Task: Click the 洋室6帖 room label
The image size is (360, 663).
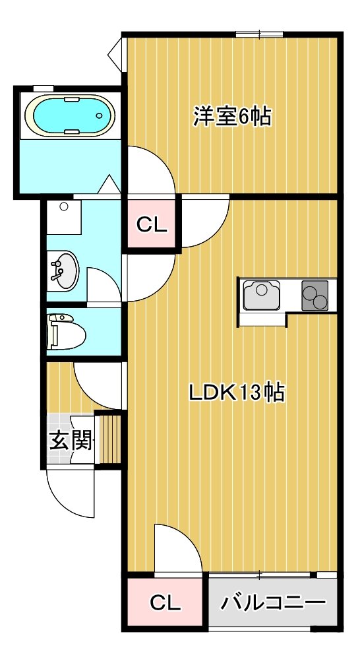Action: coord(232,116)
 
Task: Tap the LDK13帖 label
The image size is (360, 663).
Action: coord(236,393)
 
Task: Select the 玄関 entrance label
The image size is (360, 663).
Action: coord(71,441)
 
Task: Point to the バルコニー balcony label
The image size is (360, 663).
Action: coord(274,602)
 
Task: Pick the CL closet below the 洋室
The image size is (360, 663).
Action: coord(152,224)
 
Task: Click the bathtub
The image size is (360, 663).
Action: coord(70,115)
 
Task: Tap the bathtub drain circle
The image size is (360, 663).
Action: coord(100,115)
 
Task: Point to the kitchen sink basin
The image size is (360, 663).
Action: coord(262,295)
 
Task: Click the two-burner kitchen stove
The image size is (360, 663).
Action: coord(315,295)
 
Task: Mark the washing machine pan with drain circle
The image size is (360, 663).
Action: coord(64,217)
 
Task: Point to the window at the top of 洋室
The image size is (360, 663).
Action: coord(259,34)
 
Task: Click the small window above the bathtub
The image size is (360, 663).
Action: coord(43,88)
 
